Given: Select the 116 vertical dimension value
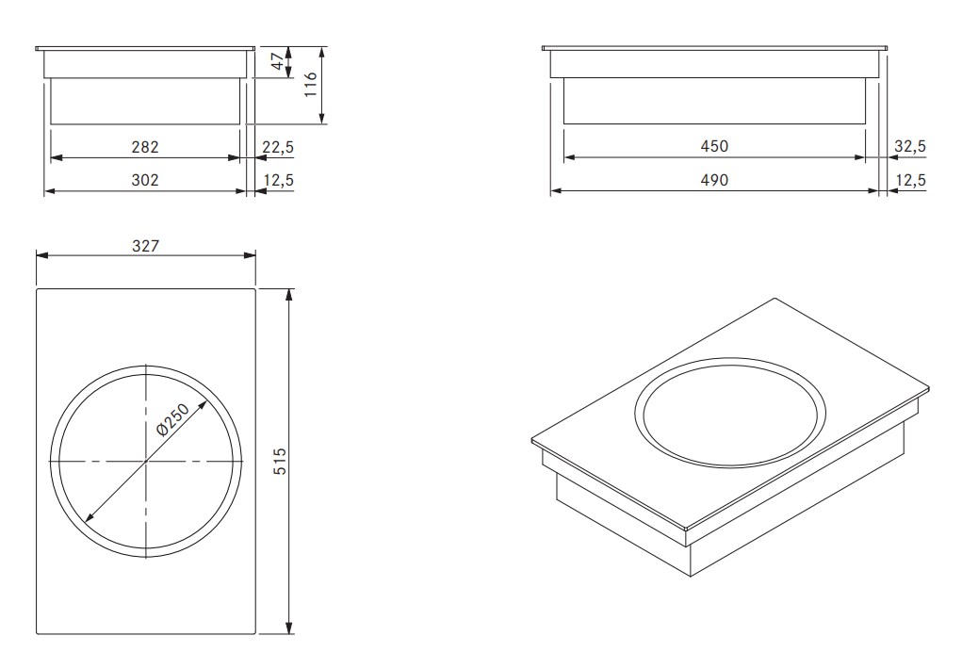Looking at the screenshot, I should tap(308, 91).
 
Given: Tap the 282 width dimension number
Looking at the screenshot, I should tap(145, 147).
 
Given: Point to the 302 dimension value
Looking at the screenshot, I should tap(145, 180).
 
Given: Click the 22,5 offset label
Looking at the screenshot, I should tap(278, 147).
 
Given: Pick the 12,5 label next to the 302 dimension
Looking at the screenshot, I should tap(278, 180).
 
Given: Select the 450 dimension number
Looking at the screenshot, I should tap(714, 146).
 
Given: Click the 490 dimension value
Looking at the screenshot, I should tap(714, 180).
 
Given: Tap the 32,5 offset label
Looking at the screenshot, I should tap(910, 146).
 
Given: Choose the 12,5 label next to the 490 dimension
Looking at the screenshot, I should tap(910, 180).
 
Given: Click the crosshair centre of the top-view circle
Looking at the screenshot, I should tap(146, 462).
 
